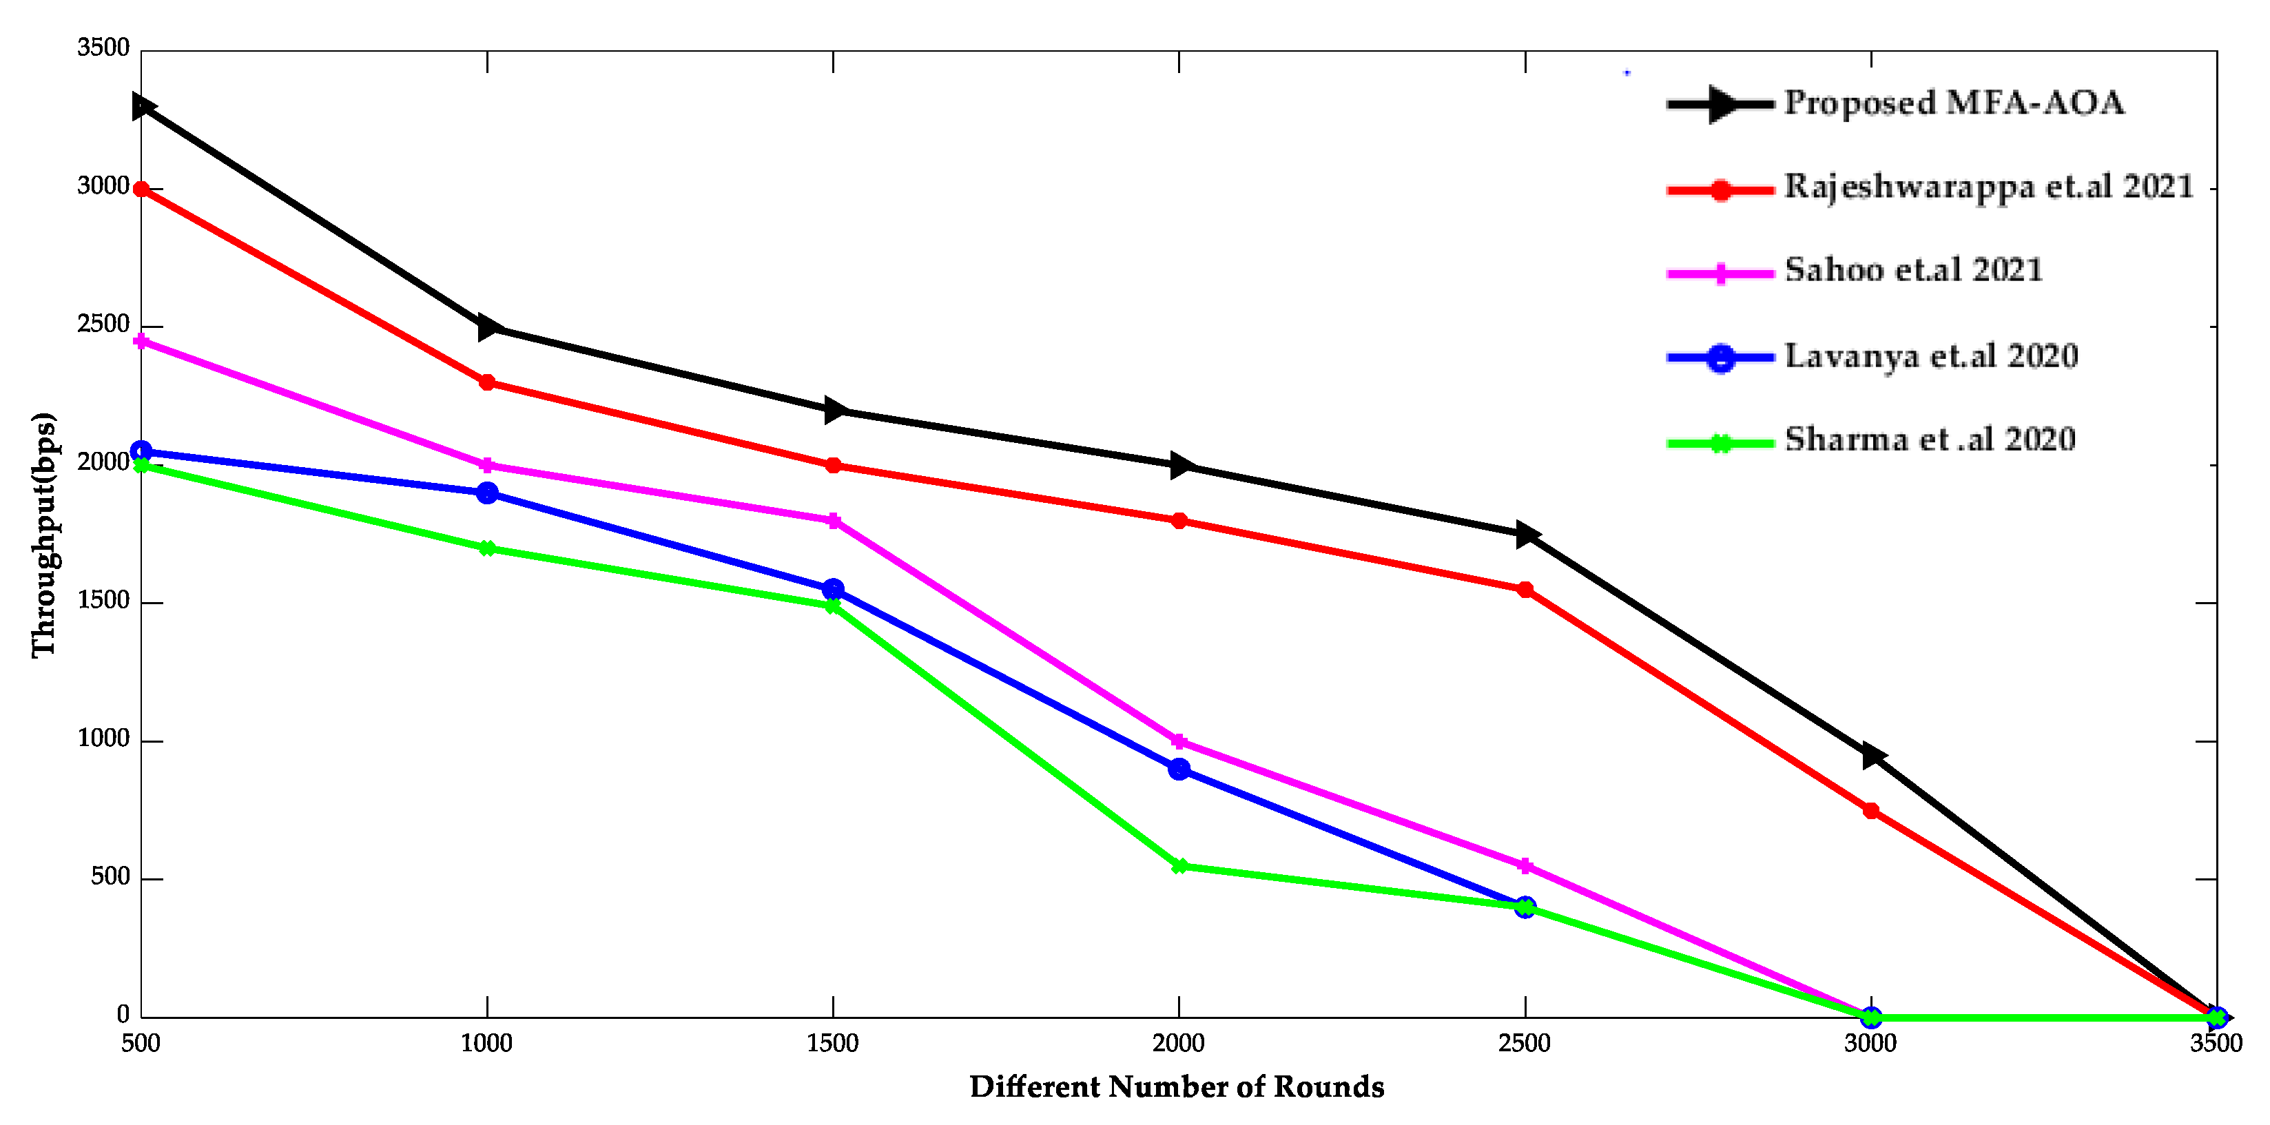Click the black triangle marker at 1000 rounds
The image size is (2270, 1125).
(x=489, y=328)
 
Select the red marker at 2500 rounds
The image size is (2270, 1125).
(x=1525, y=590)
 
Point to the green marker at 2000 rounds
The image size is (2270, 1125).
(x=1179, y=867)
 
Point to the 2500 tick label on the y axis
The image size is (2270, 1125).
(x=103, y=324)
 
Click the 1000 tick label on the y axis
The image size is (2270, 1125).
(x=103, y=739)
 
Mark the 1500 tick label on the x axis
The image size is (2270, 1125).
(x=833, y=1043)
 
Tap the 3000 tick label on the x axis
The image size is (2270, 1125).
(x=1870, y=1043)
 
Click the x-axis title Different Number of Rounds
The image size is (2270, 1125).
(x=1177, y=1087)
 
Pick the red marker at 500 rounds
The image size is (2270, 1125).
(x=141, y=189)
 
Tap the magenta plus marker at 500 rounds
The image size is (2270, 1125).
(x=141, y=341)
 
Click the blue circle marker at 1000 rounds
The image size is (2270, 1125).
(x=487, y=493)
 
